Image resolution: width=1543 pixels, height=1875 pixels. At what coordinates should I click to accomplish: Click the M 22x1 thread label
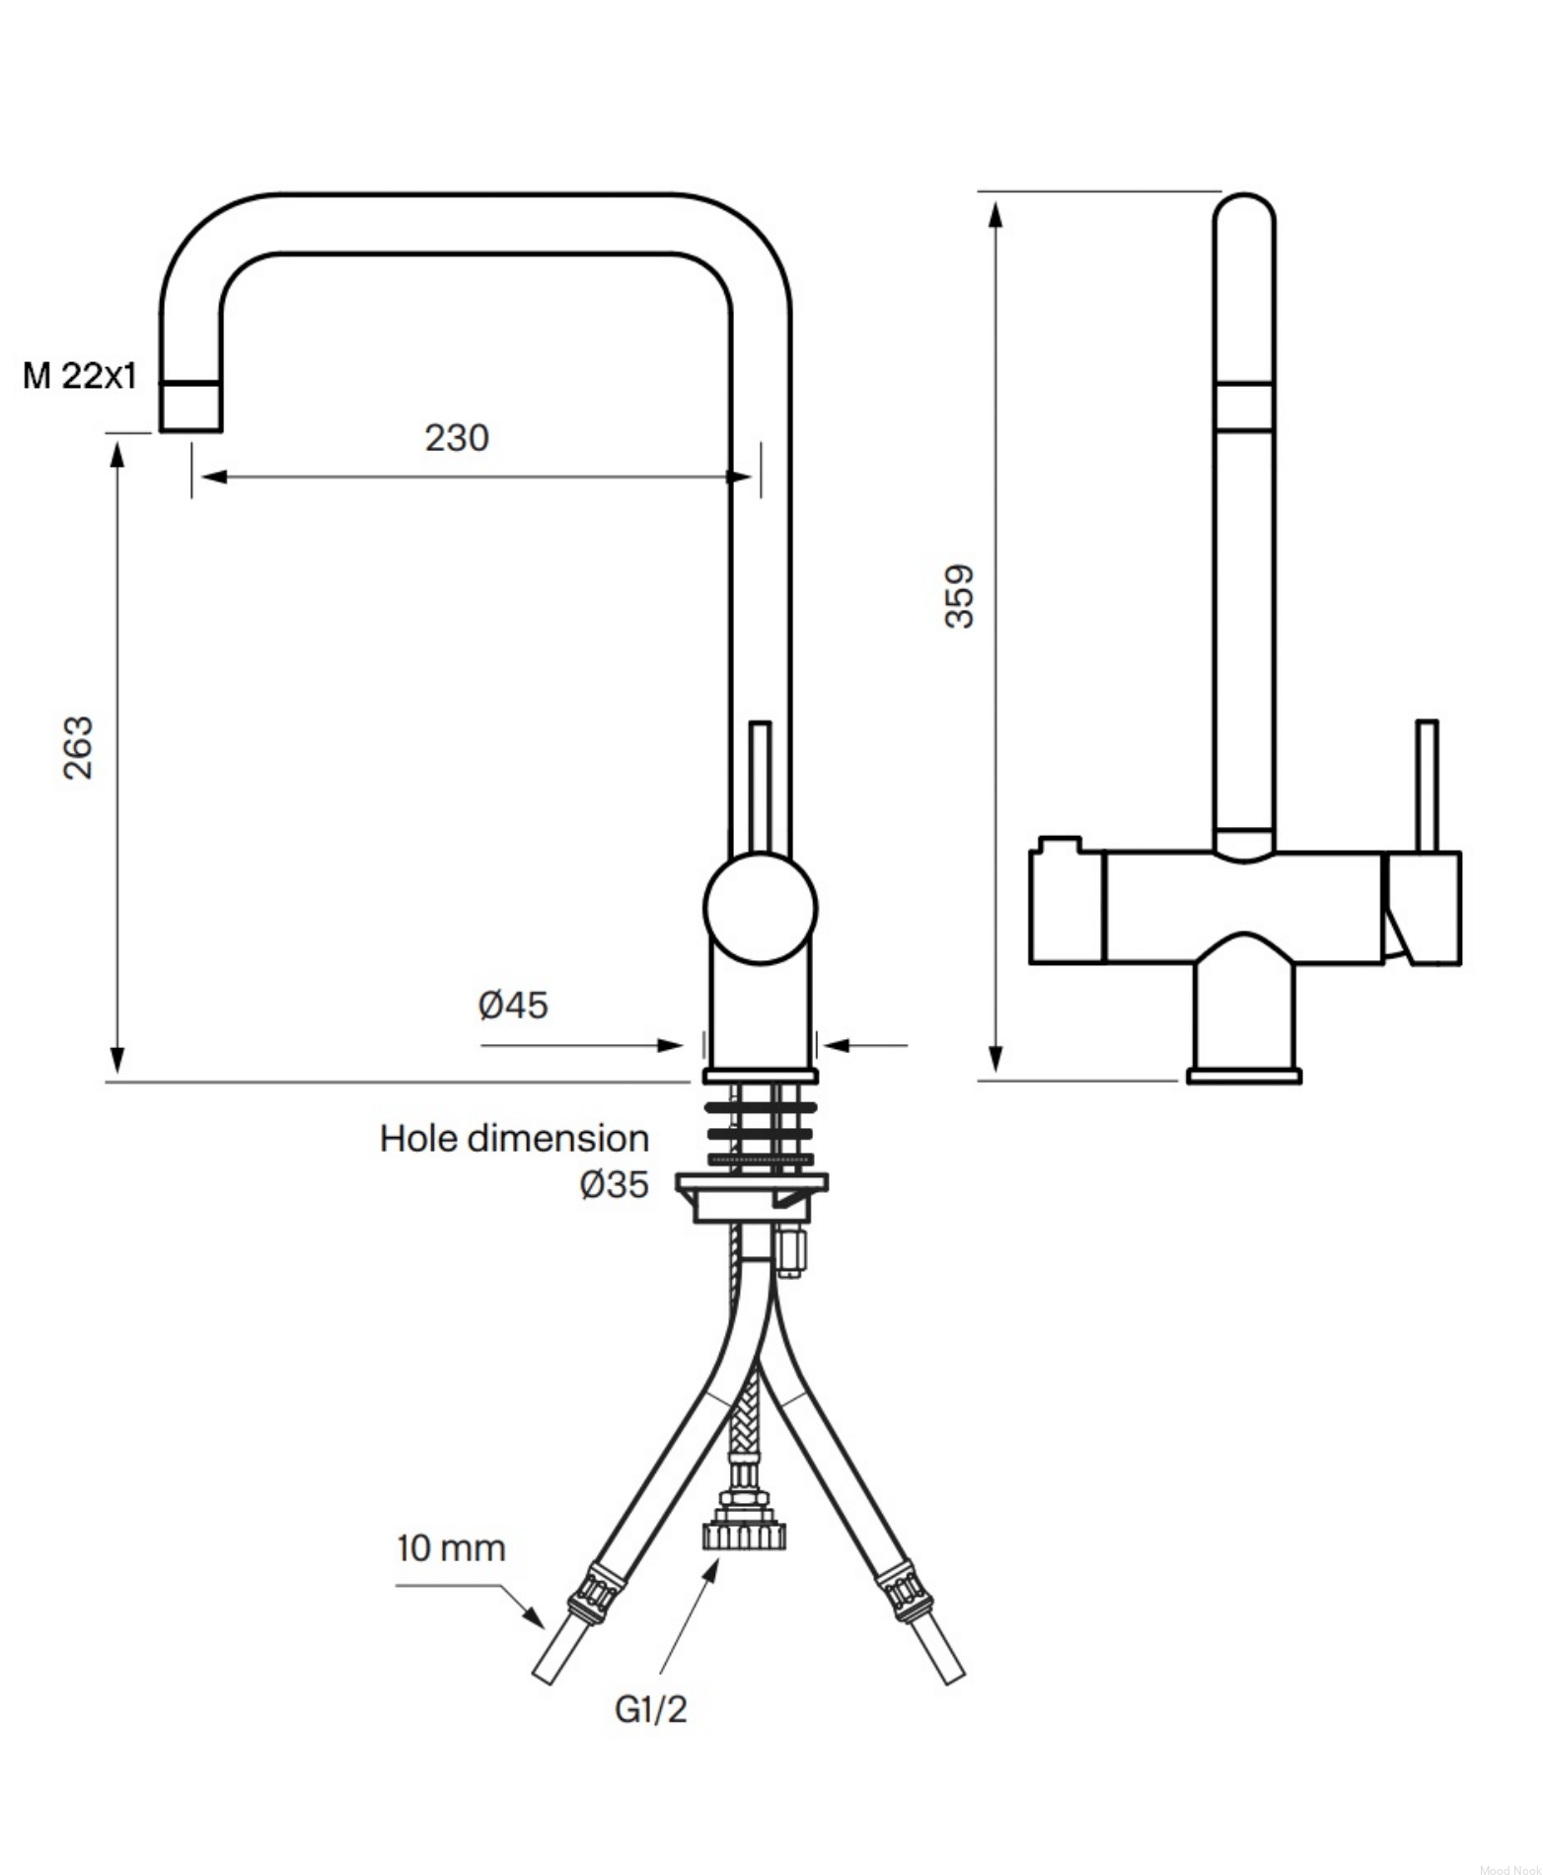tap(80, 376)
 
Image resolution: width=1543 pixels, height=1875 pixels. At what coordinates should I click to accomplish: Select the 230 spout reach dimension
tap(457, 437)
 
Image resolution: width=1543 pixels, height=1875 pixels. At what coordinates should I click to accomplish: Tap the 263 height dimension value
tap(77, 748)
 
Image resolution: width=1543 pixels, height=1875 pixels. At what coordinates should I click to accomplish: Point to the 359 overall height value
tap(959, 596)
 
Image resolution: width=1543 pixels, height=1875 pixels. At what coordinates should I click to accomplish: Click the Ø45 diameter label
tap(513, 1006)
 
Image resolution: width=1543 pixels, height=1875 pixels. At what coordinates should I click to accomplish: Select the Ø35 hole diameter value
tap(615, 1184)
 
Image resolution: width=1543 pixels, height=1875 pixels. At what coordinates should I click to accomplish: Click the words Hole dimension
tap(514, 1139)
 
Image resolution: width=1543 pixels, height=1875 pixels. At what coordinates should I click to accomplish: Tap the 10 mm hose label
tap(451, 1548)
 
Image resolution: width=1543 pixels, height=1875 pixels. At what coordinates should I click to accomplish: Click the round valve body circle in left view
tap(760, 909)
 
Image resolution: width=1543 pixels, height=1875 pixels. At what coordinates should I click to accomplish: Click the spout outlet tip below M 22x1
tap(190, 408)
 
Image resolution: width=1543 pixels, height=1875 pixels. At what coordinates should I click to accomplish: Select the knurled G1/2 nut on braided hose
tap(743, 1536)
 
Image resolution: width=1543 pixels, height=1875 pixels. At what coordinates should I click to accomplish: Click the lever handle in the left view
tap(760, 787)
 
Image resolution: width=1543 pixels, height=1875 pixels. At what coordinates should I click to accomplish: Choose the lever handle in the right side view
tap(1427, 786)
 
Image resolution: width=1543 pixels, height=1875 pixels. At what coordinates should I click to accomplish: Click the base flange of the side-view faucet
tap(1244, 1075)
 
